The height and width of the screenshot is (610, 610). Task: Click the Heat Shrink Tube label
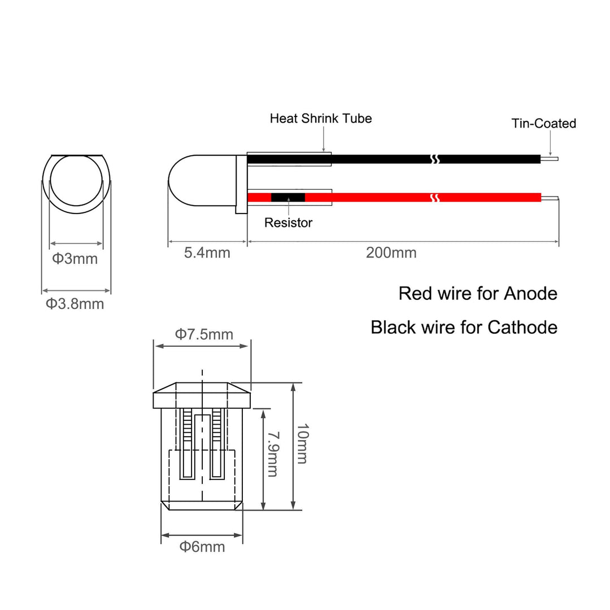coord(321,118)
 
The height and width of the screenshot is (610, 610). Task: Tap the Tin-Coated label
coord(543,123)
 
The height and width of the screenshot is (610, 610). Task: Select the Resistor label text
coord(288,223)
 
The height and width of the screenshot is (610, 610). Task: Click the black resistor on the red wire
coord(288,197)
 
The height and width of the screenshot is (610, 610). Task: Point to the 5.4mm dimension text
coord(207,253)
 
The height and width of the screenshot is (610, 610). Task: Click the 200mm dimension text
coord(391,253)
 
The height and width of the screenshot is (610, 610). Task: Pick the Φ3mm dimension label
coord(75,259)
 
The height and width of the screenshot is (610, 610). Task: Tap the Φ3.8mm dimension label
coord(75,304)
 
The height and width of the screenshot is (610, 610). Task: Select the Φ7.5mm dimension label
coord(204,334)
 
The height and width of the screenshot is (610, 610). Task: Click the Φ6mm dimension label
coord(202,547)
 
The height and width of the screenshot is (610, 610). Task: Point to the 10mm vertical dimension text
coord(302,443)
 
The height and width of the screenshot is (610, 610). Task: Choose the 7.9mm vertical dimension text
coord(273,454)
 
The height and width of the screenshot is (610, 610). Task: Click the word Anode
coord(530,293)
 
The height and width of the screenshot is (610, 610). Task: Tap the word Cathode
coord(522,327)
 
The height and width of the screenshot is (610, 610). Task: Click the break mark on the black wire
coord(435,159)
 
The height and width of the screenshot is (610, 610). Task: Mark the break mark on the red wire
coord(435,198)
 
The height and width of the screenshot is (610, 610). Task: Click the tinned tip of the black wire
coord(550,159)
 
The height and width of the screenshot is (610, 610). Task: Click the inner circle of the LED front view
coord(76,180)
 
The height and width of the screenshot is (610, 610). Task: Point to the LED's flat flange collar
coord(241,184)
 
